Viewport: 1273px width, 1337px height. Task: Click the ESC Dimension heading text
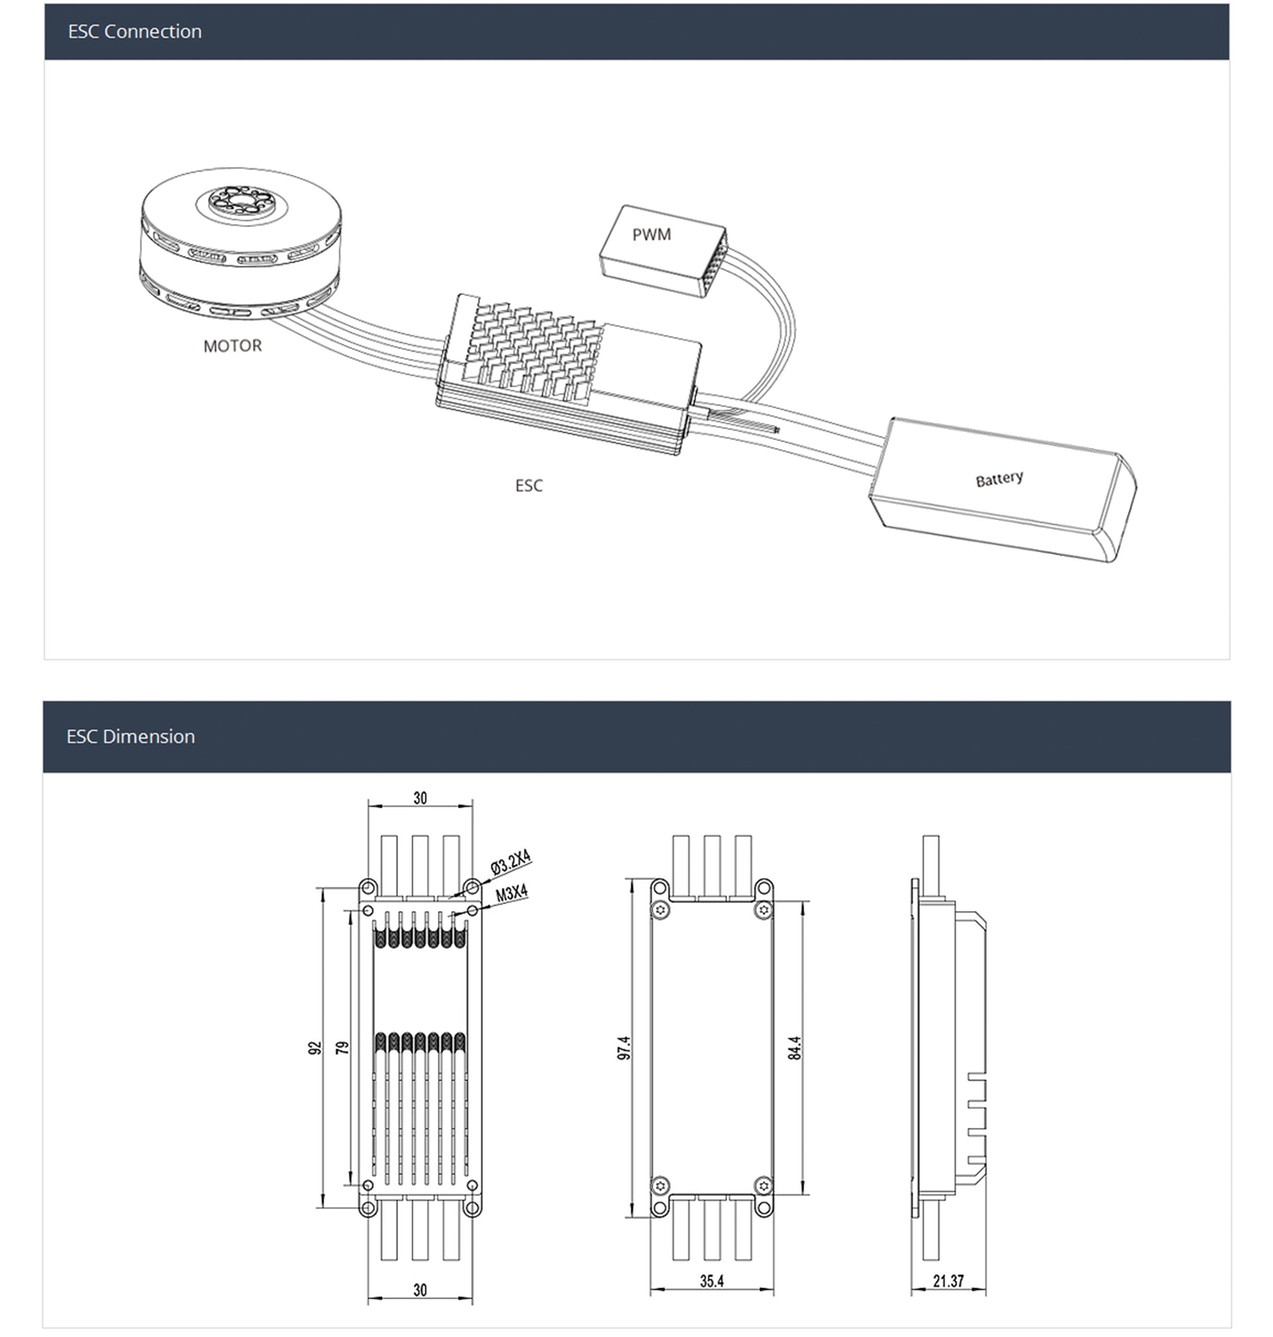[130, 737]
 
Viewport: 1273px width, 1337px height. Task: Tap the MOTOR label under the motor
[232, 346]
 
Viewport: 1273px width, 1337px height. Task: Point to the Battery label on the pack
[1000, 479]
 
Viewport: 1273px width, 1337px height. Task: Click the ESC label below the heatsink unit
[529, 486]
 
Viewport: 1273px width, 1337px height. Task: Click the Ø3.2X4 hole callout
[510, 862]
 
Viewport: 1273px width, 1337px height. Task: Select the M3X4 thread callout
[512, 894]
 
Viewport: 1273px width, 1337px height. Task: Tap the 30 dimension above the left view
[420, 798]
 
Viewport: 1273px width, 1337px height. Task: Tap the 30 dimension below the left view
[420, 1290]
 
